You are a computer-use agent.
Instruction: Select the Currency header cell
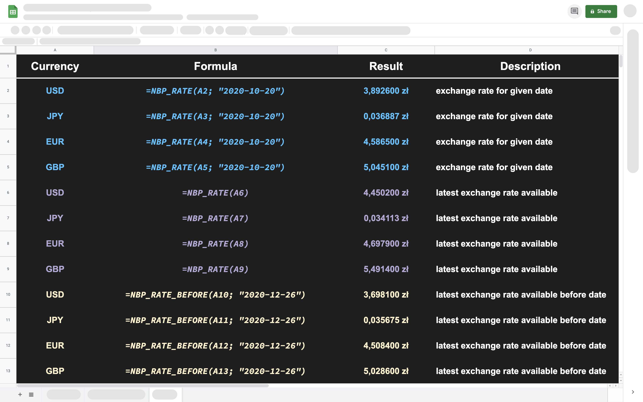(55, 66)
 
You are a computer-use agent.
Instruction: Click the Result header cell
(386, 66)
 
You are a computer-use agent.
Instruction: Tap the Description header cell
(530, 66)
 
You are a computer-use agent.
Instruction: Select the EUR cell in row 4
(55, 142)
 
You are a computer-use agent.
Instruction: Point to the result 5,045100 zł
(386, 167)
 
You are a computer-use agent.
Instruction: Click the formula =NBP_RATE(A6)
(215, 193)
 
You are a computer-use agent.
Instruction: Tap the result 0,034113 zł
(386, 218)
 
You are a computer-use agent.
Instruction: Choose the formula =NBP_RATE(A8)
(215, 244)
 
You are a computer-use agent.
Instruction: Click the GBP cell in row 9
(55, 269)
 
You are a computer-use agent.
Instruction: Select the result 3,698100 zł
(386, 295)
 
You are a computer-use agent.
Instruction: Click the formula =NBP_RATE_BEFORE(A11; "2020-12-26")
(215, 320)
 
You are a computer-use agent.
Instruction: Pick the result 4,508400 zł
(386, 346)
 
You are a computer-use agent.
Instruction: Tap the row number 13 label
(8, 371)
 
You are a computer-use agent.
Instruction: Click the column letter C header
(386, 50)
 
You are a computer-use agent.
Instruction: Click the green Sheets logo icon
(13, 11)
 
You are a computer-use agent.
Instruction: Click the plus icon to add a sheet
(20, 395)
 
